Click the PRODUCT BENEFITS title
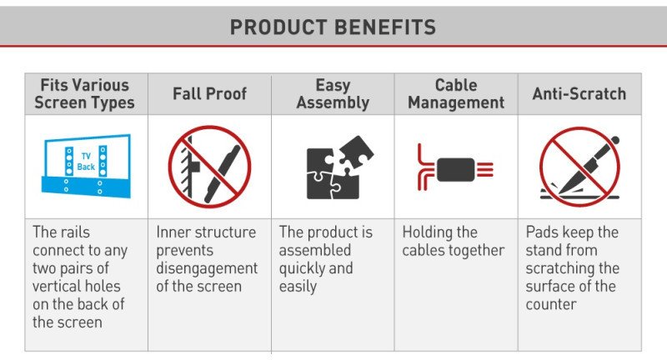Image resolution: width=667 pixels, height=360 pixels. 333,27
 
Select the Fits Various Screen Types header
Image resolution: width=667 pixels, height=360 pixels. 85,94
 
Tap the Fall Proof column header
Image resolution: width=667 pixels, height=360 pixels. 210,93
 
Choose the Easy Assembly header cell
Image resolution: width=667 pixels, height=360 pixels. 333,94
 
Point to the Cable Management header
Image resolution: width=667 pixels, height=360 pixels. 456,94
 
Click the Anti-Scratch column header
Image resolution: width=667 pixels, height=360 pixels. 579,93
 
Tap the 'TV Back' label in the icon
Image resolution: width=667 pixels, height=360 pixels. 86,162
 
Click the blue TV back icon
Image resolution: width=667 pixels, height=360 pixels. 87,166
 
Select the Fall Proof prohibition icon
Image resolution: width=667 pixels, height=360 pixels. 210,167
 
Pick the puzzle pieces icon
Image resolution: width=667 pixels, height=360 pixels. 339,167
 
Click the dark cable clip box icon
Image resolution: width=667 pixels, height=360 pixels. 455,170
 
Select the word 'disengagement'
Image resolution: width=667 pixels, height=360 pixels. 207,268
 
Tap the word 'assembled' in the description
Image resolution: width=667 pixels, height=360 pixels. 315,250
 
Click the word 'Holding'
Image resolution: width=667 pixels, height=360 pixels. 429,232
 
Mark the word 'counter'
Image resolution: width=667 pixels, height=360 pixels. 551,304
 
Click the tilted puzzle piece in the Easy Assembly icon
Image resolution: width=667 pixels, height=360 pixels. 356,152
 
